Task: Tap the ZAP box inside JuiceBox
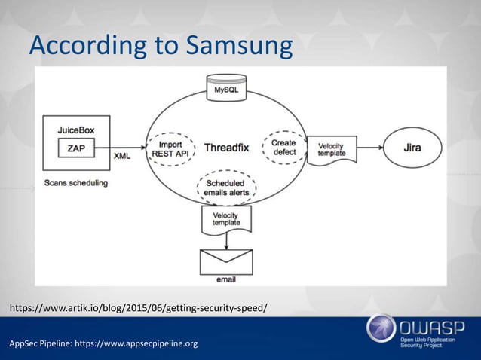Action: [76, 148]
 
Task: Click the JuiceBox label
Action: [76, 129]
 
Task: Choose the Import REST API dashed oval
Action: [175, 148]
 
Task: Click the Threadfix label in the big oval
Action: [227, 148]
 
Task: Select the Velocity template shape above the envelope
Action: [226, 219]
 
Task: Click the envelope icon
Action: [225, 261]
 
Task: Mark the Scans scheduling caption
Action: [75, 183]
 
